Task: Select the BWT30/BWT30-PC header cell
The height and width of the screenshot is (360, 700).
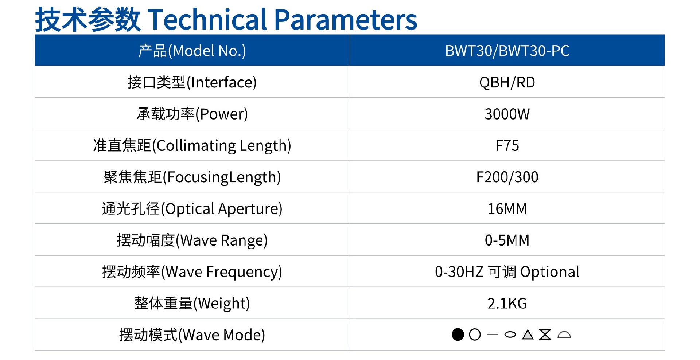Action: (507, 51)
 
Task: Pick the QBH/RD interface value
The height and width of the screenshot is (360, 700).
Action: (507, 82)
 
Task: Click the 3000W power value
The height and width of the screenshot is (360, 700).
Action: (507, 114)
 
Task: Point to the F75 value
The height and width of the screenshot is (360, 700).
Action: (507, 145)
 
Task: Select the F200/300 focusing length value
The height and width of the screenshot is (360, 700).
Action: (507, 177)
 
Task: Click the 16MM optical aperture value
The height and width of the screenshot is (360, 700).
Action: (507, 209)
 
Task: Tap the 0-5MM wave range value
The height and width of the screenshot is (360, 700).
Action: (507, 240)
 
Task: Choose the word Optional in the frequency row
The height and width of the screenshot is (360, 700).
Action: (549, 272)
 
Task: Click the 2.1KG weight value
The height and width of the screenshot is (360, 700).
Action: (507, 303)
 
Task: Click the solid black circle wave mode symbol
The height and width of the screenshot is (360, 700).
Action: (458, 334)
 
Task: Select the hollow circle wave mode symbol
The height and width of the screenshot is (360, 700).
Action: (475, 334)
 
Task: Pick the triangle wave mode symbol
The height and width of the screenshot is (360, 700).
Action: (528, 334)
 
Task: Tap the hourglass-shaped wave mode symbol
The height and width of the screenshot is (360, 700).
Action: (545, 334)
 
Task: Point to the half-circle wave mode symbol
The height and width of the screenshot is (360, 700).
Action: (564, 334)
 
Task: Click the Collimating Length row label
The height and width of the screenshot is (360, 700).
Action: (192, 145)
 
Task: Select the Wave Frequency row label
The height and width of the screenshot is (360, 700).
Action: (192, 272)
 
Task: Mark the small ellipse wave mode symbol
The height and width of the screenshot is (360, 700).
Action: (510, 334)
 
